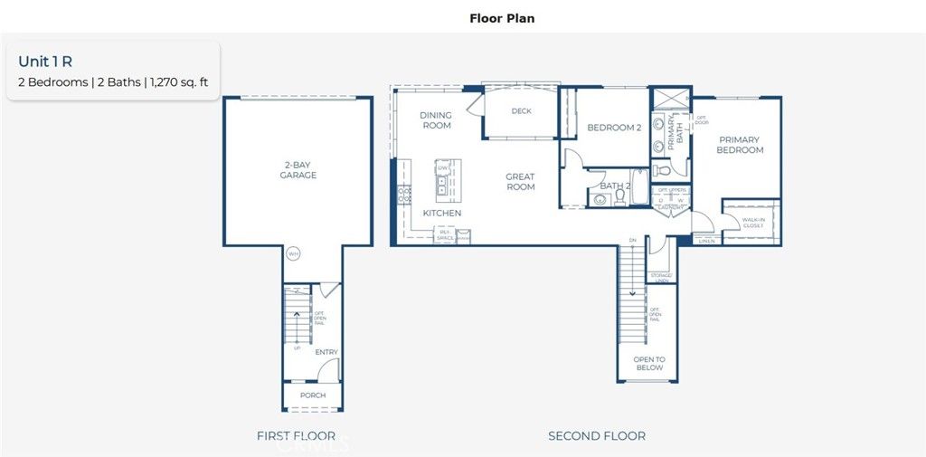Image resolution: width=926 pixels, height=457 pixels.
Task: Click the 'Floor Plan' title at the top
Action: point(502,18)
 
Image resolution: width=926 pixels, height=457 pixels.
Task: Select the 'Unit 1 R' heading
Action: point(45,62)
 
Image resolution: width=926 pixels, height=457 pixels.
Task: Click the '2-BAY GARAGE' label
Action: point(298,170)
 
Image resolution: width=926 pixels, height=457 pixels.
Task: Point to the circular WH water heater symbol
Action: point(293,254)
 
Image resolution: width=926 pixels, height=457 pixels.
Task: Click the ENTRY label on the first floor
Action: point(326,352)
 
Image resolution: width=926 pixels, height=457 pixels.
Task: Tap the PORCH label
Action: point(313,396)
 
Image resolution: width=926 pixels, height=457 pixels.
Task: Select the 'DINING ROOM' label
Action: point(436,120)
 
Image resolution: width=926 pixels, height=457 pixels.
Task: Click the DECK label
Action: point(521,112)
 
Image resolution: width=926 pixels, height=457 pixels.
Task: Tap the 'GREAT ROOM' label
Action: point(520,182)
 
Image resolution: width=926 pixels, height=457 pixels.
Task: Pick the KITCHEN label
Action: point(442,214)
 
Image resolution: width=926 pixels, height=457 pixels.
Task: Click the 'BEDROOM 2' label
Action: point(614,128)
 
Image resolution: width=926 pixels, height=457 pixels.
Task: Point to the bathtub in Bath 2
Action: point(638,192)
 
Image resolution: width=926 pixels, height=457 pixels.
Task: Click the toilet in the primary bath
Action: point(660,169)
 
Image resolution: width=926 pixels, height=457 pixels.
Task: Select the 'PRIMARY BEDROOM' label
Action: point(741,146)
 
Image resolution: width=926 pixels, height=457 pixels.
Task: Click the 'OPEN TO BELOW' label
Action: point(648,364)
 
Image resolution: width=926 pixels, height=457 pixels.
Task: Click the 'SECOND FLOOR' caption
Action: point(597,436)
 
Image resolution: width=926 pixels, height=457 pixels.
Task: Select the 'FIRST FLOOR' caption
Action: point(296,436)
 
